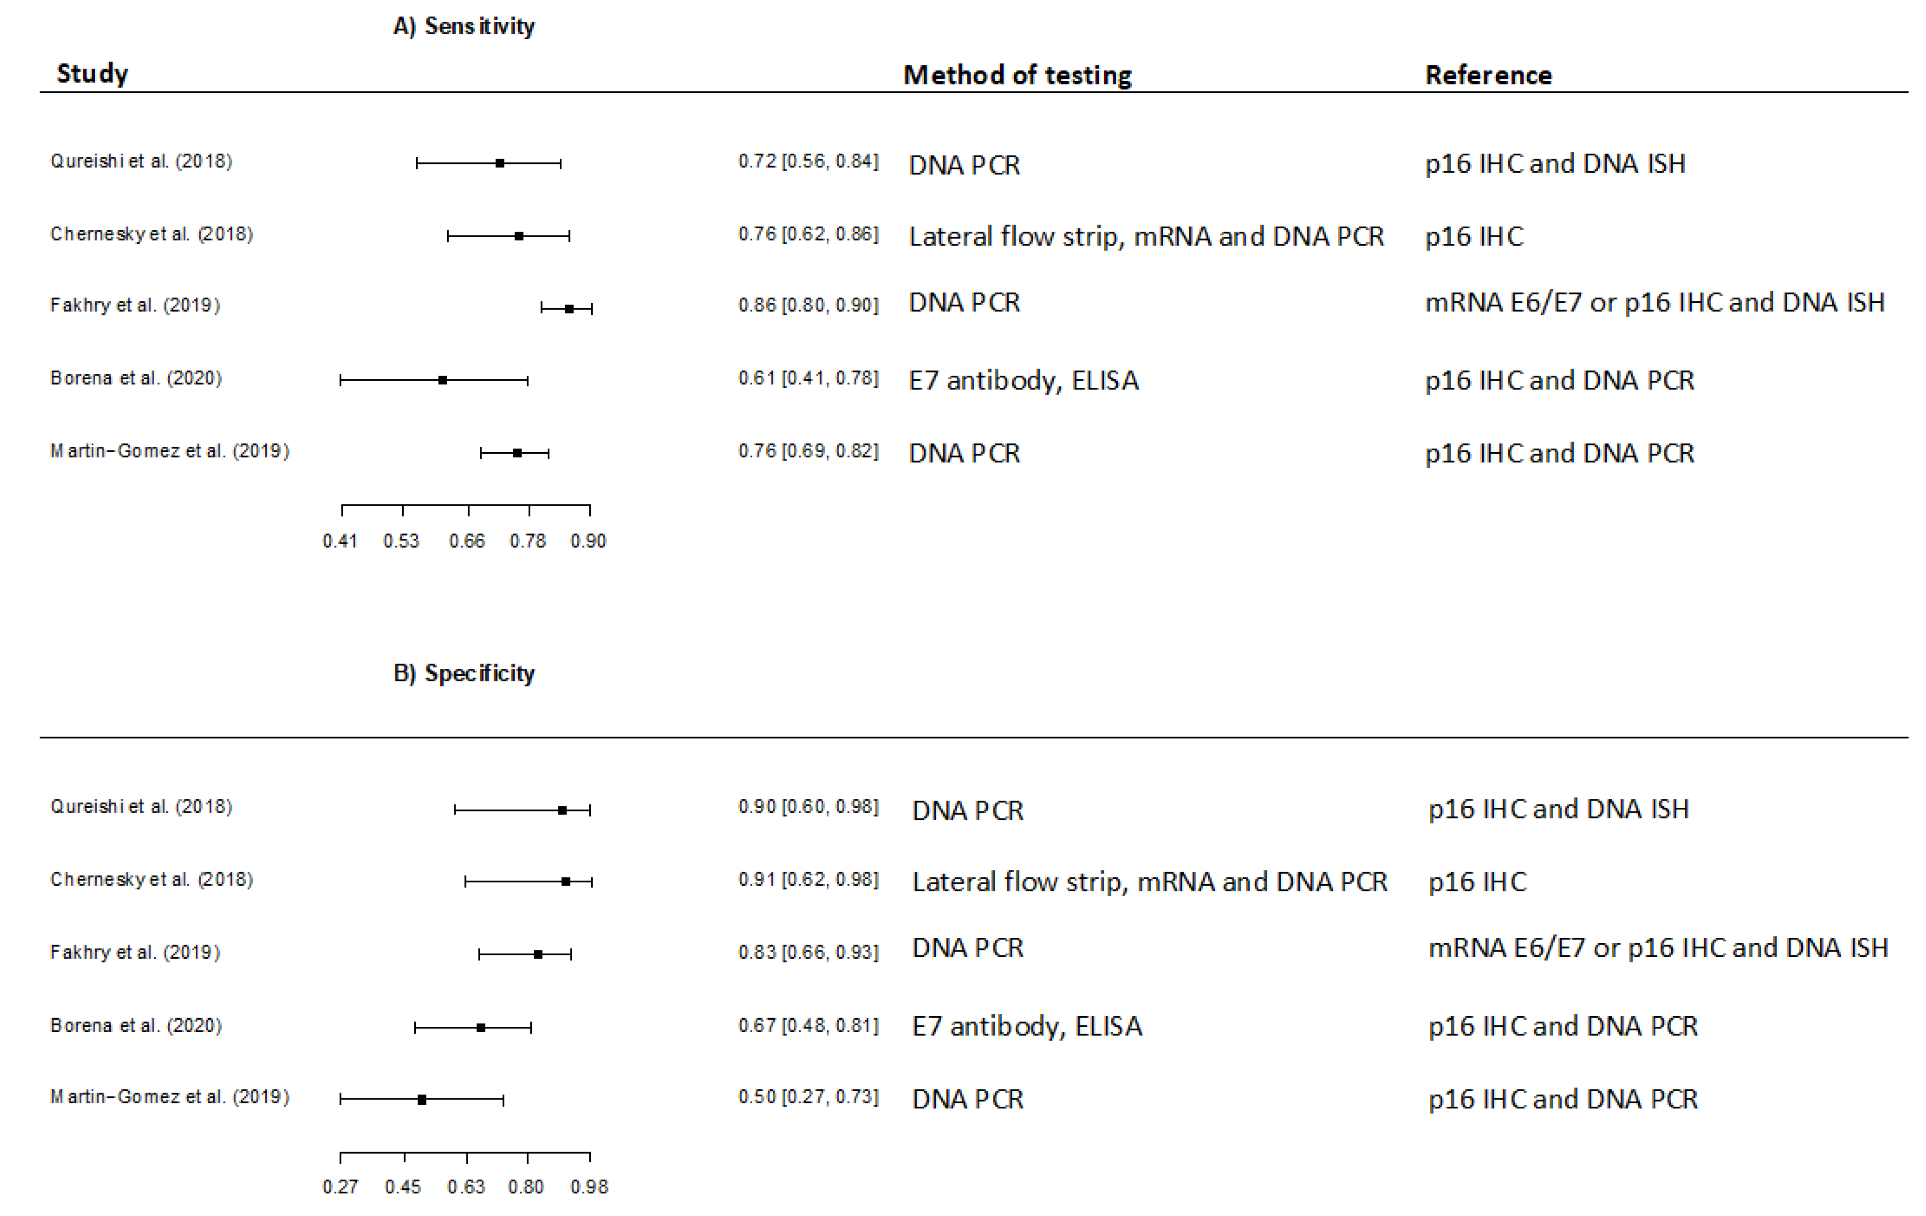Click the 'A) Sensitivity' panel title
click(464, 27)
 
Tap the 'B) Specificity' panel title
click(464, 674)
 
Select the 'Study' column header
click(92, 74)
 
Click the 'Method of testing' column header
click(1018, 75)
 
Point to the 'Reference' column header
click(1488, 75)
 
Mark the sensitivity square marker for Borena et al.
click(442, 380)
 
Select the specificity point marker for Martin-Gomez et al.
click(422, 1099)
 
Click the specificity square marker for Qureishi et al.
click(562, 810)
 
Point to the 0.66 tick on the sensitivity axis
click(469, 510)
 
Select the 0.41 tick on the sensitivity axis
click(342, 510)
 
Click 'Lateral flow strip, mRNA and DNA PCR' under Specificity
click(1149, 882)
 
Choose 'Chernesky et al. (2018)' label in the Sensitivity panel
click(151, 235)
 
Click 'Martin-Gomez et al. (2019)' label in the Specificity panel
click(170, 1097)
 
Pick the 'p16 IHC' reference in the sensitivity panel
click(1474, 237)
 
